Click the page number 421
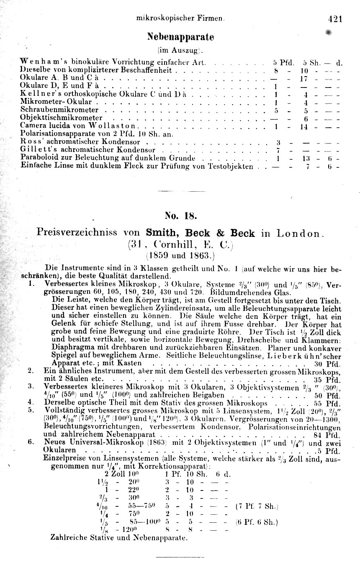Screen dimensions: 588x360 click(336, 18)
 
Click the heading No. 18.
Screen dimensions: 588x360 click(180, 216)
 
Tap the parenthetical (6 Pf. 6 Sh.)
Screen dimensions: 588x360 click(257, 522)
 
